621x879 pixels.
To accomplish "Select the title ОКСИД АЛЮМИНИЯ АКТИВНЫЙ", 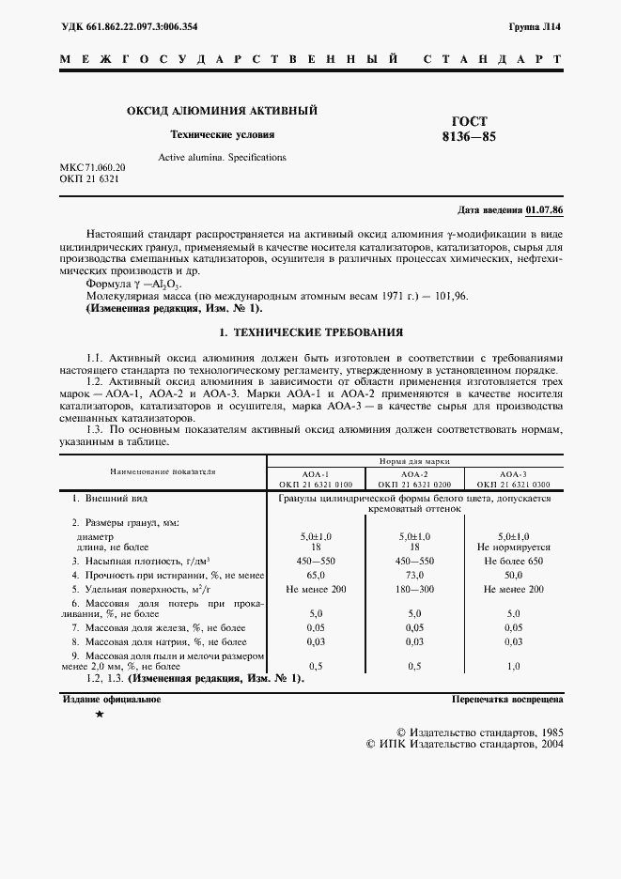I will [x=222, y=111].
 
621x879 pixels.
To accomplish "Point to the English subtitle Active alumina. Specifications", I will [x=222, y=157].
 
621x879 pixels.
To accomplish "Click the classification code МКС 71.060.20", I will [x=92, y=167].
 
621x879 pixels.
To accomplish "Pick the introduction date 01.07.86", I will [x=551, y=209].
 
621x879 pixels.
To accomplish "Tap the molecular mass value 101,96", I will [x=449, y=296].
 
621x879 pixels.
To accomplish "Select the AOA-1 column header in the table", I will [x=313, y=474].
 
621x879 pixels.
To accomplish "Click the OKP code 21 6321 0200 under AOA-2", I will [x=414, y=484].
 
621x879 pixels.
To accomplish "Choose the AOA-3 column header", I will [x=513, y=474].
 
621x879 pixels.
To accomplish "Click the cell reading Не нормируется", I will [x=513, y=546].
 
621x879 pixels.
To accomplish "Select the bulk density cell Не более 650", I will [x=513, y=560].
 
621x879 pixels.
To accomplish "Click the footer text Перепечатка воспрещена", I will [x=506, y=700].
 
